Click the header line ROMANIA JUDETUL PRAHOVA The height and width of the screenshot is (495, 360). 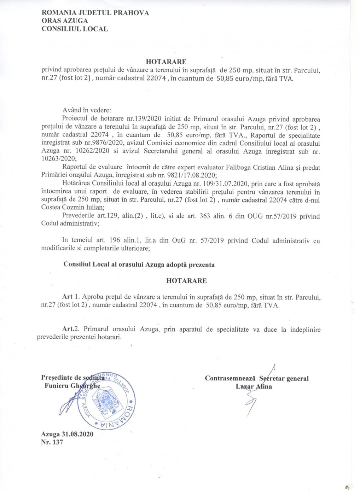click(95, 13)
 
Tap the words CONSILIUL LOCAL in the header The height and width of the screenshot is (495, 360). click(75, 29)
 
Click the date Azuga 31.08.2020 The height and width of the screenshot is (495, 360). click(67, 435)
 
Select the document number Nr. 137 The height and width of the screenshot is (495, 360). click(52, 442)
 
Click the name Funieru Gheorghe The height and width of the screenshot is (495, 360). click(72, 386)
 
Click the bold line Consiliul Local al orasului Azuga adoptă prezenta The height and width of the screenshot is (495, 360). click(139, 265)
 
